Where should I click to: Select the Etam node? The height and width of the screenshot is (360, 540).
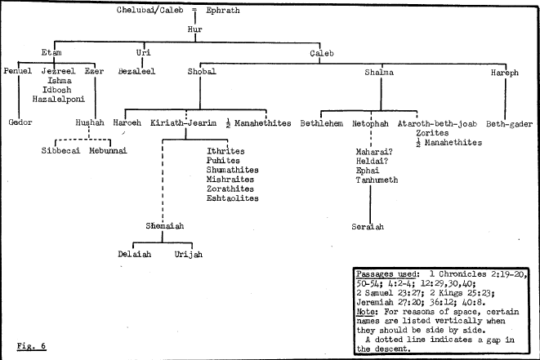(x=51, y=52)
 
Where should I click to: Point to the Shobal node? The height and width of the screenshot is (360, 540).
(x=202, y=72)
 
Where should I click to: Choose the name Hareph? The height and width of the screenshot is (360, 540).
(x=504, y=72)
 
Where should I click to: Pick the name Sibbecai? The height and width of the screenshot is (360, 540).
(x=60, y=152)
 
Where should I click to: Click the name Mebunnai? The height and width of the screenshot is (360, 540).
(x=109, y=152)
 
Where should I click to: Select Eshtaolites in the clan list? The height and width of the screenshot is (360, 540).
(x=233, y=198)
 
